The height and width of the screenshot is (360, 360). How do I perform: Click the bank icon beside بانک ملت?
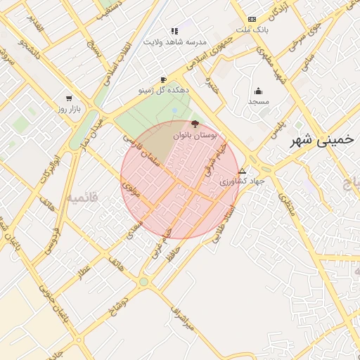[252, 19]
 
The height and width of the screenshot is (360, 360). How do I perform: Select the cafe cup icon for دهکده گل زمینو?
[163, 80]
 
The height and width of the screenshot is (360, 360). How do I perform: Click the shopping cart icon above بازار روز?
[69, 98]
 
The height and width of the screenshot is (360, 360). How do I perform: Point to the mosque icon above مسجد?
[258, 91]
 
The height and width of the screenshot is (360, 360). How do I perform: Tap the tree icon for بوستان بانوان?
[195, 124]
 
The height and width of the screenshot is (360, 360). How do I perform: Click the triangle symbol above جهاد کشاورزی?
[243, 171]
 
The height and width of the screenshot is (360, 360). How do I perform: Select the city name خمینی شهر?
[323, 139]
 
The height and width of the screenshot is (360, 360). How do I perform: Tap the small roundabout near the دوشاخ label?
[143, 281]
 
